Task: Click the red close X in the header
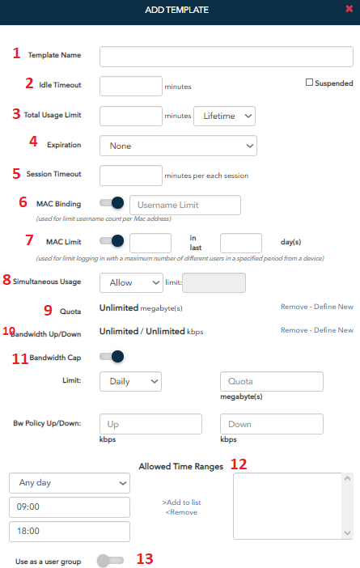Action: tap(349, 9)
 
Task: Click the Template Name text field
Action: tap(227, 57)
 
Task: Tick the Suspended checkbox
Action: tap(309, 83)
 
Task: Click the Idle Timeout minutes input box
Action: tap(131, 87)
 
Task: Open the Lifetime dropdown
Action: tap(225, 116)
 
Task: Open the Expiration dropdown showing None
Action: tap(178, 146)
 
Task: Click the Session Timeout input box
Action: tap(131, 176)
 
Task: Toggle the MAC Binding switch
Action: tap(112, 203)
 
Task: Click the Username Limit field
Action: tap(185, 205)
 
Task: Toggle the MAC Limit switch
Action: tap(112, 241)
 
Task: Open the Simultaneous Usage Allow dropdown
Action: tap(131, 282)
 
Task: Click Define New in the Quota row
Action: tap(333, 307)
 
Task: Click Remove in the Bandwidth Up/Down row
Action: tap(294, 330)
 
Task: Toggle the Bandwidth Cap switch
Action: tap(112, 357)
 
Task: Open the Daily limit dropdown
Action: tap(130, 381)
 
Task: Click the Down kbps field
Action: tap(272, 424)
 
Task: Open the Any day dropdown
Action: tap(70, 483)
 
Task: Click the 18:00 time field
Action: tap(70, 532)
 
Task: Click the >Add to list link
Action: tap(181, 502)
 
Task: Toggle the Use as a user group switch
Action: tap(111, 561)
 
